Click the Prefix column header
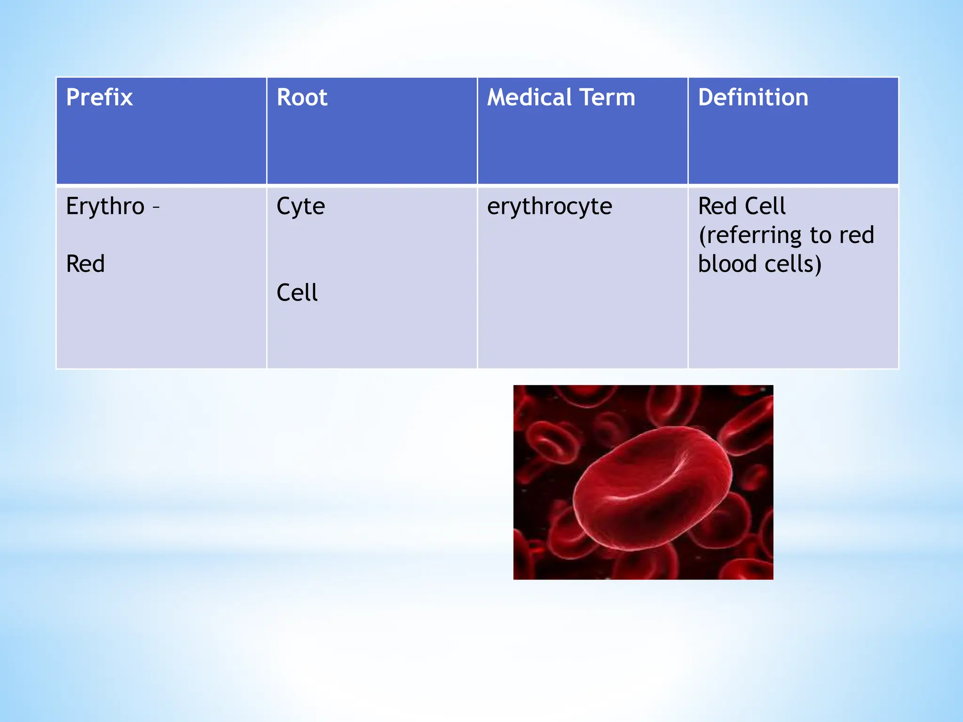(99, 98)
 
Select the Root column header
(302, 98)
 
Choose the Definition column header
(753, 98)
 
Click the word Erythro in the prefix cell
(105, 207)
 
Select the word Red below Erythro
(85, 264)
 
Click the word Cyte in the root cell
(300, 207)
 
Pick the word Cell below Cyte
(297, 293)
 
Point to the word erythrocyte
(549, 207)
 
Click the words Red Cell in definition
(742, 206)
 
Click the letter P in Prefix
(73, 98)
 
